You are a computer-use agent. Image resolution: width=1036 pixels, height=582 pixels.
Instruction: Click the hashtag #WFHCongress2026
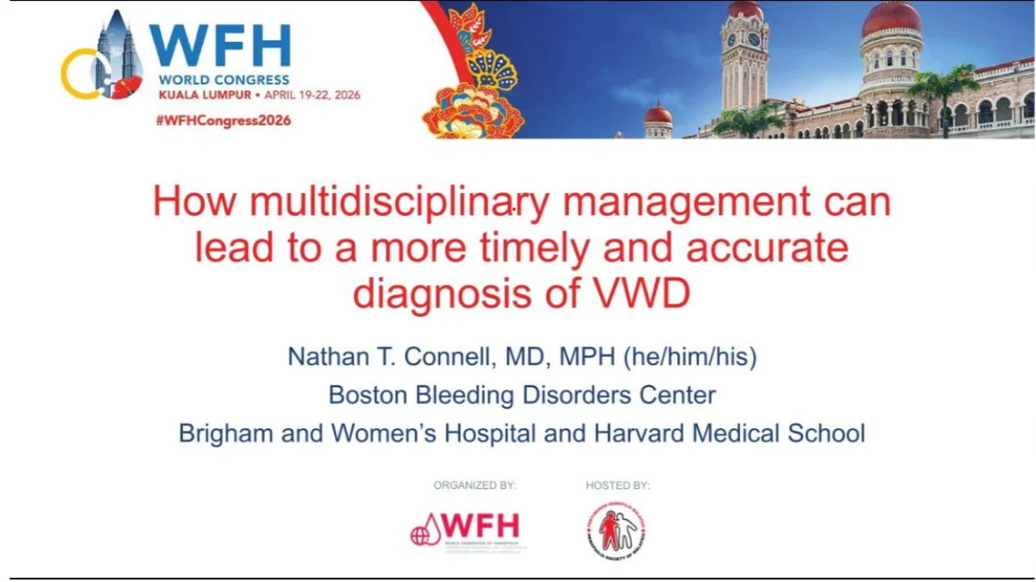coord(223,120)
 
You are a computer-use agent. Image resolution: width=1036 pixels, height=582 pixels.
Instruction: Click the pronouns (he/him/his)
coord(690,357)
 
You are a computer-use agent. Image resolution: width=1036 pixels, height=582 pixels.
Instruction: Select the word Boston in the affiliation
coord(367,395)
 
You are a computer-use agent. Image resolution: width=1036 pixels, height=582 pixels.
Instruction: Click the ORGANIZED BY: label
coord(475,485)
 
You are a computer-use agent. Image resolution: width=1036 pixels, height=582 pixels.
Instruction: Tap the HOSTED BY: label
coord(618,485)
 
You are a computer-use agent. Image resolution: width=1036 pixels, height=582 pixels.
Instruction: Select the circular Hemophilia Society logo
coord(616,529)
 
